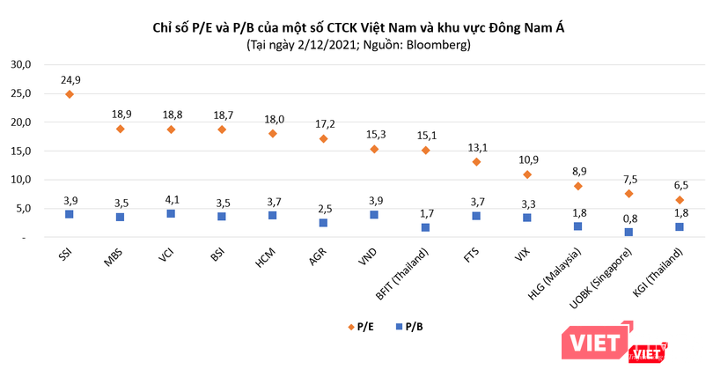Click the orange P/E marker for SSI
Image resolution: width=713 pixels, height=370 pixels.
(x=69, y=94)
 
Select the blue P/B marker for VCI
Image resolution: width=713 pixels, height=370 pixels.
(x=171, y=214)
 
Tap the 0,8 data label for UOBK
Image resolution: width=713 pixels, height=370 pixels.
(x=630, y=218)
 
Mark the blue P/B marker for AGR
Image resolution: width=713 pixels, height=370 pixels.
(x=324, y=223)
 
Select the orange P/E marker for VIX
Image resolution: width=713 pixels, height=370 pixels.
(x=526, y=174)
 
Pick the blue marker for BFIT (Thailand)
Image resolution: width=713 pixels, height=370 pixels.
(x=425, y=227)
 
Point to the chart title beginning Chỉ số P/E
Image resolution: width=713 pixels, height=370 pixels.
(x=357, y=27)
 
